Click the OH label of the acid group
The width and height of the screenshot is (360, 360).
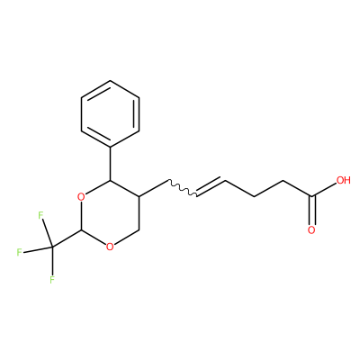(x=343, y=180)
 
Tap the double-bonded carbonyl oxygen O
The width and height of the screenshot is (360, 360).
(x=311, y=230)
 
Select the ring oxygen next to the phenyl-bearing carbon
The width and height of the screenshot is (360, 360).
(x=81, y=197)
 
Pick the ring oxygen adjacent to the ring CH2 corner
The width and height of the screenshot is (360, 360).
(x=110, y=247)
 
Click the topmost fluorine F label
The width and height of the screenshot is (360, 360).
(x=40, y=215)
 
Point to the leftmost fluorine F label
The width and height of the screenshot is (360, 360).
(x=19, y=252)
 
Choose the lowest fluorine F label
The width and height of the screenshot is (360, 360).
(x=52, y=280)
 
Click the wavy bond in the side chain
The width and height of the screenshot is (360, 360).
(x=182, y=188)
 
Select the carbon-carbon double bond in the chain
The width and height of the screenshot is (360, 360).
(x=211, y=187)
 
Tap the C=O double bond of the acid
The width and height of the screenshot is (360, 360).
(x=311, y=210)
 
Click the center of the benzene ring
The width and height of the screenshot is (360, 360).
(x=110, y=114)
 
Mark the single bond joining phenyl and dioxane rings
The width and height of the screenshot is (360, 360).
(x=110, y=164)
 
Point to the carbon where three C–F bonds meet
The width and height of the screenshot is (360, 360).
(x=52, y=247)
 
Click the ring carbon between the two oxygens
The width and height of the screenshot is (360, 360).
(x=81, y=230)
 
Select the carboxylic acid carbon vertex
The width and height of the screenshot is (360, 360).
(x=311, y=197)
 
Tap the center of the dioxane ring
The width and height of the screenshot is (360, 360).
(x=110, y=213)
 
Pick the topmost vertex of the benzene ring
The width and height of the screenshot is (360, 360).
(x=110, y=80)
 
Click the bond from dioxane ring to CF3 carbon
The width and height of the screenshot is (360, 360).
(x=67, y=238)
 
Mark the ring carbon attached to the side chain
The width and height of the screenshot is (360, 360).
(x=139, y=197)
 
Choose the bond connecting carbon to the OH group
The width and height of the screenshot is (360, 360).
(x=324, y=190)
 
